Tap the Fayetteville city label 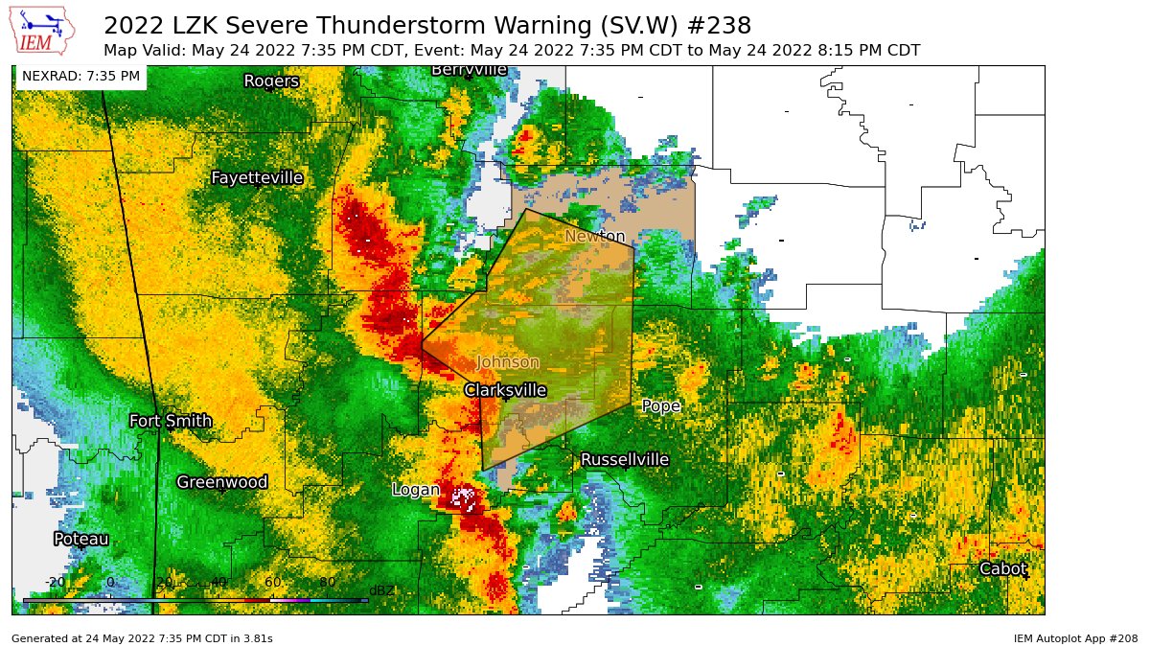click(x=257, y=178)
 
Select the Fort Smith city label click(x=171, y=421)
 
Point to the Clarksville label click(x=505, y=390)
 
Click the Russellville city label click(x=624, y=460)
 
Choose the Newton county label click(x=594, y=237)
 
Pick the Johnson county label click(x=508, y=362)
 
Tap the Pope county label click(x=660, y=406)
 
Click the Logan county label click(x=416, y=490)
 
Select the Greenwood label click(x=221, y=482)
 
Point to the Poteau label click(x=81, y=539)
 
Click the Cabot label click(x=1002, y=569)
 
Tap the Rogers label click(x=271, y=81)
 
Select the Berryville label click(x=469, y=70)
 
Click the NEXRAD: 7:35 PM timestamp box click(x=80, y=76)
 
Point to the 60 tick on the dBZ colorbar click(x=273, y=582)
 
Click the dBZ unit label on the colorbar click(x=381, y=590)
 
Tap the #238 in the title click(x=719, y=25)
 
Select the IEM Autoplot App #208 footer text click(x=1074, y=637)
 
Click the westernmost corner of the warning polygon click(x=422, y=343)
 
